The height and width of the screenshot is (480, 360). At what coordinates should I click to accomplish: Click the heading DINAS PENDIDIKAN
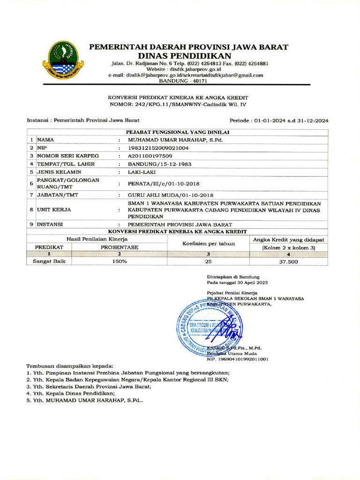(x=188, y=56)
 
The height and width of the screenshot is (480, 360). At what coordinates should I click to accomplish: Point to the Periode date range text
(x=279, y=120)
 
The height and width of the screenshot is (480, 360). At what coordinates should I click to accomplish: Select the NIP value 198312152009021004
(x=158, y=148)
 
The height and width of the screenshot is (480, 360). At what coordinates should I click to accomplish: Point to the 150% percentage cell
(x=119, y=262)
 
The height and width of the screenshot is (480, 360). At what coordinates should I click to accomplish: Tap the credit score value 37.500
(x=288, y=262)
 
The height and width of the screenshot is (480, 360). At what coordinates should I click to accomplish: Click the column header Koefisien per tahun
(x=208, y=243)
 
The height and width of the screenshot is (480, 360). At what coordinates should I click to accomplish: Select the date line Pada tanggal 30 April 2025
(x=238, y=283)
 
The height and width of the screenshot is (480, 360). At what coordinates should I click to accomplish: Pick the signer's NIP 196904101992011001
(x=238, y=359)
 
